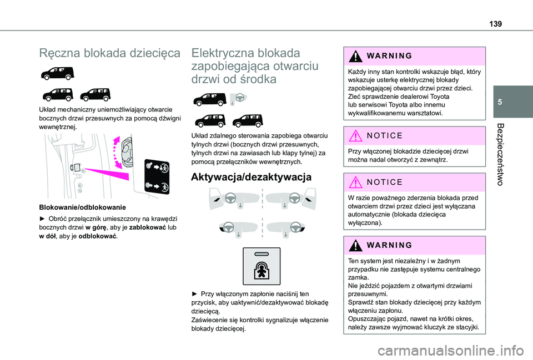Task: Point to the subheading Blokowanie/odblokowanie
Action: (x=74, y=206)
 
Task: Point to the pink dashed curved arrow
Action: (x=118, y=153)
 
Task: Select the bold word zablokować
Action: (x=137, y=227)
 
